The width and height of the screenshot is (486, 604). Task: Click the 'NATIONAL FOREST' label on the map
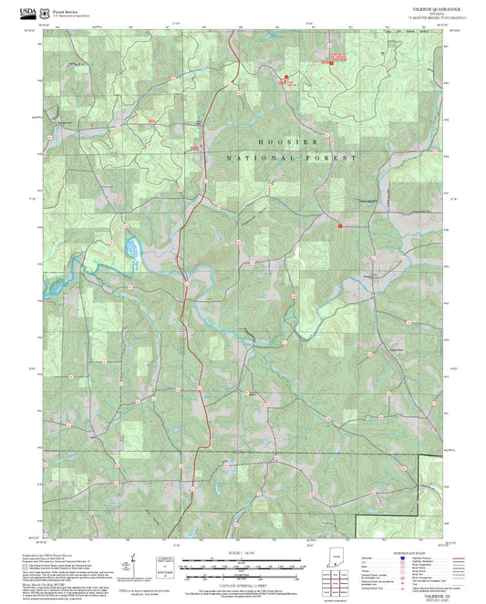(287, 158)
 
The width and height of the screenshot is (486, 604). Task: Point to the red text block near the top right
(337, 57)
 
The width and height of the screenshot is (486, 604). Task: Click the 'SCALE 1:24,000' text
(243, 556)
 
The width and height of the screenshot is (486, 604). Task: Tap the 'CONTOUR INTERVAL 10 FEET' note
(243, 582)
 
